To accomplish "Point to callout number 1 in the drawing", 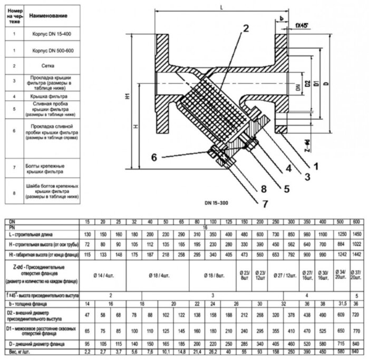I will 315,166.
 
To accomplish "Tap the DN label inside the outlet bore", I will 298,91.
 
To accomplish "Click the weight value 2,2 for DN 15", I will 89,351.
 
